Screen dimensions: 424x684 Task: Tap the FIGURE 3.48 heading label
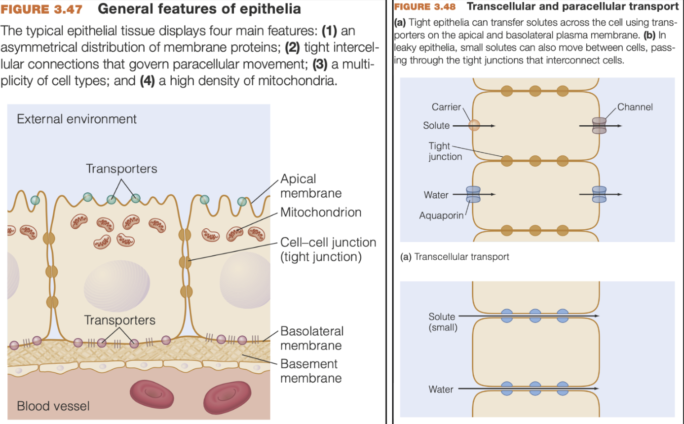pos(425,7)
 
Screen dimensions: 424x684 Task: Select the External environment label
pos(76,119)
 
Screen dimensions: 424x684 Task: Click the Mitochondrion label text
pos(320,212)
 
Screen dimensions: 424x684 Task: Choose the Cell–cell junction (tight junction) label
pos(328,249)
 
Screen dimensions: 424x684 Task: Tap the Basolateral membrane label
pos(311,338)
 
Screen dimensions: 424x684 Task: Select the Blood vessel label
pos(53,406)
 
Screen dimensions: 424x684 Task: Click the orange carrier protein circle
pos(474,125)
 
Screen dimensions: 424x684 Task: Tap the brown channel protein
pos(599,125)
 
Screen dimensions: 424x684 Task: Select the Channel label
pos(635,107)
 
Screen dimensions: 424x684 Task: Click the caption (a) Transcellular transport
pos(454,256)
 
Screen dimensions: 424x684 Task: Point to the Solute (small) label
pos(442,321)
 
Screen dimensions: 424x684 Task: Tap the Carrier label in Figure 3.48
pos(446,107)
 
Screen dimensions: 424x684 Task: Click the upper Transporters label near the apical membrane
pos(121,169)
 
